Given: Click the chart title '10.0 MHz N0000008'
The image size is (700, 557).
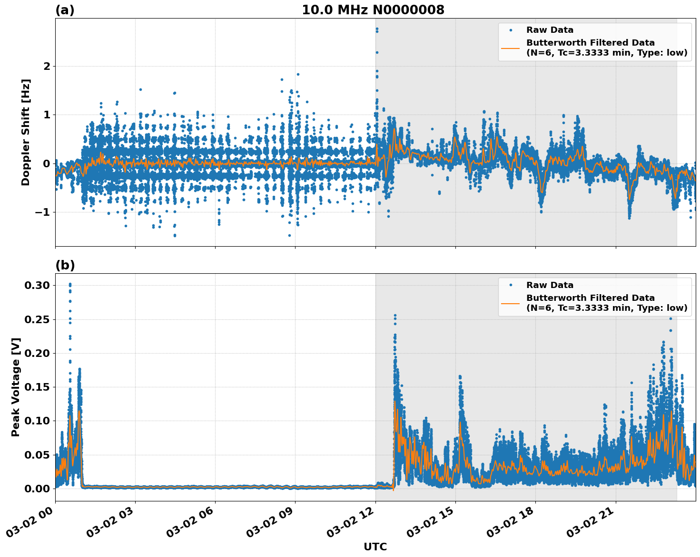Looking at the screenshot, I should pos(373,10).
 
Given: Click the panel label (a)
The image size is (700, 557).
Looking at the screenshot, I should pos(65,10).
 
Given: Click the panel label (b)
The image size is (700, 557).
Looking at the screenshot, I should pos(65,265).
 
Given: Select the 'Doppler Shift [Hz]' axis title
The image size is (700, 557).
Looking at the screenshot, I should pos(26,132).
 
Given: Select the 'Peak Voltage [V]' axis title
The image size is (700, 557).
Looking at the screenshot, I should pos(16,387).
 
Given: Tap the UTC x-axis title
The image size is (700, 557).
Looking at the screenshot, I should pos(375,547).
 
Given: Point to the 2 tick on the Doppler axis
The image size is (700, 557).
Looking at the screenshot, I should pos(47,66).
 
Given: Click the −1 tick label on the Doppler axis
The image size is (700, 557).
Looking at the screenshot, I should pos(42,212).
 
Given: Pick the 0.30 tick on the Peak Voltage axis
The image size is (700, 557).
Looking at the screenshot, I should pos(38,285).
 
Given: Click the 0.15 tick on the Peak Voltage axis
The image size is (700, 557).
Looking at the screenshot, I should pos(38,387).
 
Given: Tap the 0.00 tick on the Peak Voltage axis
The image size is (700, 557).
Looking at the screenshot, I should pos(38,489).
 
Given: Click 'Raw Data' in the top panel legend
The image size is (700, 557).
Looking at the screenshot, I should pos(550,30).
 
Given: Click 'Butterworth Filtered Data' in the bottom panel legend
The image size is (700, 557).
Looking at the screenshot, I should pos(590,298).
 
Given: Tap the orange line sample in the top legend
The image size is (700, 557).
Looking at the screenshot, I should pos(511,48).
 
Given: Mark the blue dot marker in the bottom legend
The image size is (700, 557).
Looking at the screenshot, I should pos(511,285).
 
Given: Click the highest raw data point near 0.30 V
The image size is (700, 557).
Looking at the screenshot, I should pos(70,284).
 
